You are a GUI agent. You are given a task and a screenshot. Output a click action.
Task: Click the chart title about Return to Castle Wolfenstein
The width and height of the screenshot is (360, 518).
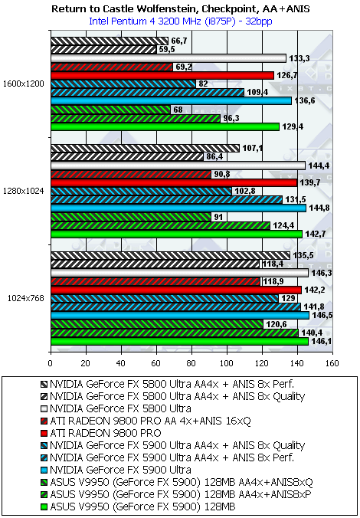(x=181, y=9)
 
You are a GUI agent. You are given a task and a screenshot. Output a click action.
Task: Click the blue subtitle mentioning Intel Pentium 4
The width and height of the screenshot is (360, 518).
(x=181, y=21)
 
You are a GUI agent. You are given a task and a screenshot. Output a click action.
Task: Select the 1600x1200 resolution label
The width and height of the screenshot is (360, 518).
(x=23, y=84)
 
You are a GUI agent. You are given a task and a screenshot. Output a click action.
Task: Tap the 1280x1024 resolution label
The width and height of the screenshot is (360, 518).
(x=23, y=191)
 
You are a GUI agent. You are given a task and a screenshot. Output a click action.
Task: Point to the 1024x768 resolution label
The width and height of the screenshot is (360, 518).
(x=26, y=297)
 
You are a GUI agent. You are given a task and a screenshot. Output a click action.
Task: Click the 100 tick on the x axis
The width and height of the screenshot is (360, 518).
(x=227, y=363)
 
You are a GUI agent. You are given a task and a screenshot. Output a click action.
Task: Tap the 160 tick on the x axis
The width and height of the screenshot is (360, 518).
(x=332, y=363)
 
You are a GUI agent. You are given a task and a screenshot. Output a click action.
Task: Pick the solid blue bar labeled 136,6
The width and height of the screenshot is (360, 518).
(x=171, y=100)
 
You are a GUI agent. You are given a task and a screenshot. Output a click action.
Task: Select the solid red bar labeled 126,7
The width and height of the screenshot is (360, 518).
(x=162, y=75)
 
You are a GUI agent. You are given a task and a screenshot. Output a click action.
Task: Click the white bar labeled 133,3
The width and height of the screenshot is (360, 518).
(x=169, y=58)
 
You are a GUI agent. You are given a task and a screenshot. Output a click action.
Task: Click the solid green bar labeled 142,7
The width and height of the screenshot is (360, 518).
(x=176, y=234)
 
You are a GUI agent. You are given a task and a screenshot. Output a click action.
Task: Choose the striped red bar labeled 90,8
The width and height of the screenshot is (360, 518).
(x=131, y=174)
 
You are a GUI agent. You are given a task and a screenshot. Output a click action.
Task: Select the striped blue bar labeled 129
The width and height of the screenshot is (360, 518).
(x=165, y=298)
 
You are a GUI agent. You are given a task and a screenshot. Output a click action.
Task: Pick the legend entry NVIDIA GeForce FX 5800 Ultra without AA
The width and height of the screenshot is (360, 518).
(x=116, y=408)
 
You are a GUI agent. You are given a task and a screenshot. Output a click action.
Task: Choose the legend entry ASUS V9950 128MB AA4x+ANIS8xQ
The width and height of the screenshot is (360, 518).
(x=178, y=482)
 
